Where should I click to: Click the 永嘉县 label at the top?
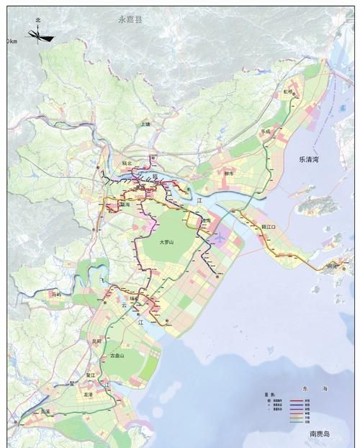click(x=130, y=20)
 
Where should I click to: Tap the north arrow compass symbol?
click(x=40, y=35)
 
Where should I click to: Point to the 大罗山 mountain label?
click(x=173, y=243)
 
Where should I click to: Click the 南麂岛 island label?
click(x=321, y=434)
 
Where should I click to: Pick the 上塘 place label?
click(x=146, y=124)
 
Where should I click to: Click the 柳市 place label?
click(x=230, y=174)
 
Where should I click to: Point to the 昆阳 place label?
click(x=96, y=340)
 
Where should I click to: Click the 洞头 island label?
click(x=333, y=265)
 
